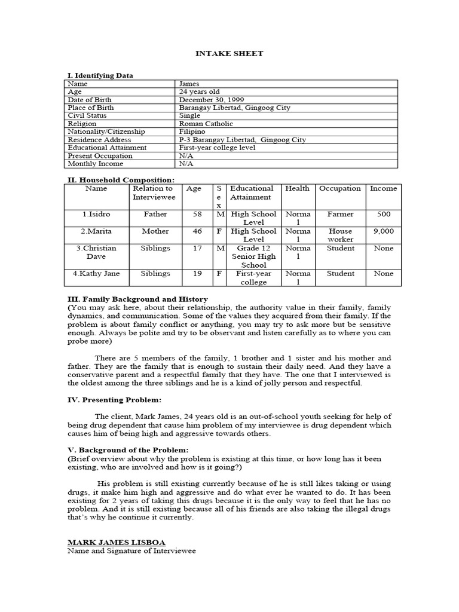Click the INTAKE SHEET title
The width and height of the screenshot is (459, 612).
coord(229,54)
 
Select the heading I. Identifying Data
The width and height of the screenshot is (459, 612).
coord(100,75)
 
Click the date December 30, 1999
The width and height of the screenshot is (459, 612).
coord(212,100)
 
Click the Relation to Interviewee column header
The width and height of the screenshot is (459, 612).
coord(154,192)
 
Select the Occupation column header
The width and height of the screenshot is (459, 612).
coord(339,188)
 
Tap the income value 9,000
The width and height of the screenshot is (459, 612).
coord(383,231)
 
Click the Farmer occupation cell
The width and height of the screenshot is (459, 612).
coord(340,214)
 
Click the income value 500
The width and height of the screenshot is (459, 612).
coord(383,214)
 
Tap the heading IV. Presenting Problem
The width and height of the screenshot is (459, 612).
coord(114,400)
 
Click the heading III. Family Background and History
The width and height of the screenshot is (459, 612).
coord(137,299)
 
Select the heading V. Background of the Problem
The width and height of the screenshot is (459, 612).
coord(128,449)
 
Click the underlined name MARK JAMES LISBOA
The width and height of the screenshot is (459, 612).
coord(117,542)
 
